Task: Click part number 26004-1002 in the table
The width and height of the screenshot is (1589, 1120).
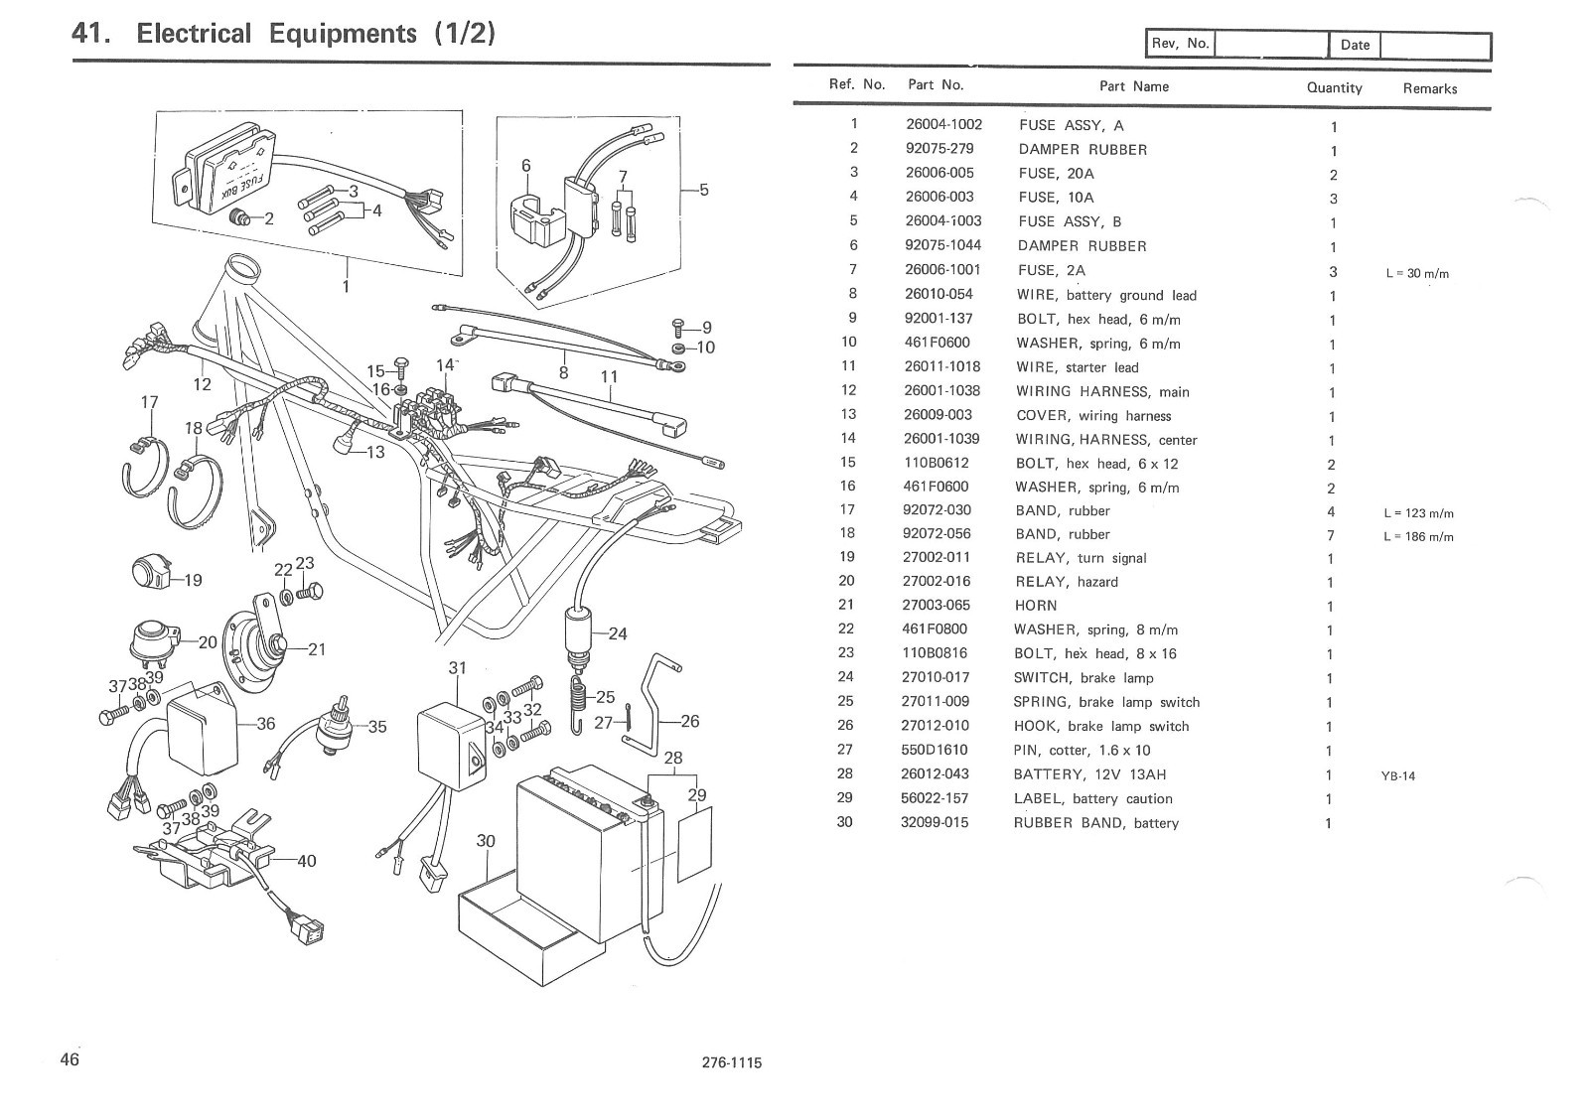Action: click(x=943, y=124)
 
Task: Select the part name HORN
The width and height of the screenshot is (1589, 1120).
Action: click(x=1035, y=606)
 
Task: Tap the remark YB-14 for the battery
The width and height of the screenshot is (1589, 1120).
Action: click(x=1397, y=776)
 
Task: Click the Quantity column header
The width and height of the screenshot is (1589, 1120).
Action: click(x=1334, y=87)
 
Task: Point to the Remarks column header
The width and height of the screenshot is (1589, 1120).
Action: click(x=1429, y=88)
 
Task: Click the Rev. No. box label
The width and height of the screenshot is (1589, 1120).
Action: click(x=1180, y=43)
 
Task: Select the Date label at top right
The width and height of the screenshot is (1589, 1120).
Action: click(x=1355, y=45)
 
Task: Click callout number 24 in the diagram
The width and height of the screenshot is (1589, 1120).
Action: click(x=618, y=633)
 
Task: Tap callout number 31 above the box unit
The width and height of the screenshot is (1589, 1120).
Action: click(x=457, y=667)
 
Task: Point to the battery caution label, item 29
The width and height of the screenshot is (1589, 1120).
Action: click(x=694, y=844)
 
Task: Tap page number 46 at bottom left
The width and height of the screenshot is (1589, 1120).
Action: click(x=70, y=1059)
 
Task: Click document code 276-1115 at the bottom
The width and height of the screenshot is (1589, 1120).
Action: click(x=731, y=1063)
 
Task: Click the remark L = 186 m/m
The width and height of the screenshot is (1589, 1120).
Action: click(x=1418, y=537)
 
